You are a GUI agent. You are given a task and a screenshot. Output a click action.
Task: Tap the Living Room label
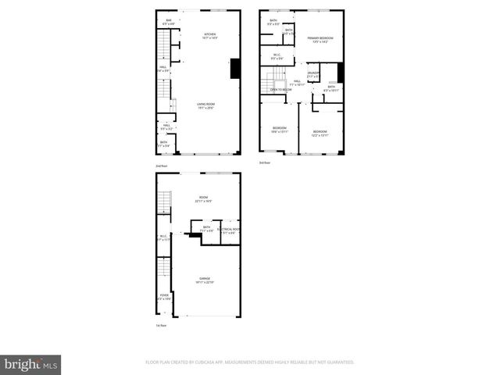[x=206, y=105]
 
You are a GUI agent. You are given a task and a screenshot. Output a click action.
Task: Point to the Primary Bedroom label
[x=320, y=39]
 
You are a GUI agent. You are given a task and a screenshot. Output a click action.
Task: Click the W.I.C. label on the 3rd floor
[x=277, y=56]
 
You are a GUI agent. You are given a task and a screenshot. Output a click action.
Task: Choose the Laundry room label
[x=313, y=74]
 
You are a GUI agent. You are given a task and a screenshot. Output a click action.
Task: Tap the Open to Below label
[x=281, y=90]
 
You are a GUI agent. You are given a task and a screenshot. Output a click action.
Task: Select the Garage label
[x=205, y=280]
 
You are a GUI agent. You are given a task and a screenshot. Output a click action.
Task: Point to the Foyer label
[x=164, y=297]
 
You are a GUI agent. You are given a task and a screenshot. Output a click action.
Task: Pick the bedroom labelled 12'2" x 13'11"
[x=320, y=133]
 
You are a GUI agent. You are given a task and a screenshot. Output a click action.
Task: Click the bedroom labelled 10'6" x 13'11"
[x=280, y=129]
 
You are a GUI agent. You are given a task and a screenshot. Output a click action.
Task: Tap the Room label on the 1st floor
[x=203, y=199]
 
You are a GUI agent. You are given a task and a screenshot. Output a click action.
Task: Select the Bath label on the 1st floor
[x=206, y=229]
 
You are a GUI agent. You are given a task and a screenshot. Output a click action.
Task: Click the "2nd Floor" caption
[x=162, y=166]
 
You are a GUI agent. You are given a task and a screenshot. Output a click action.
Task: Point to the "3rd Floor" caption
[x=265, y=162]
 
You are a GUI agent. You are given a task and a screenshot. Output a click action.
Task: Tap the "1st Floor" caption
[x=161, y=325]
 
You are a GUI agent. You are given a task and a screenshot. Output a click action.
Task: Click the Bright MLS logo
[x=32, y=364]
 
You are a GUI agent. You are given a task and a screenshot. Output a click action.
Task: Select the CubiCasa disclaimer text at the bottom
[x=250, y=362]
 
